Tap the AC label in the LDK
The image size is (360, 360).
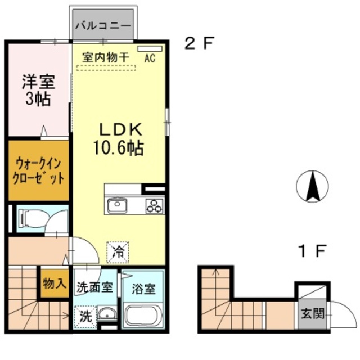[x=150, y=57]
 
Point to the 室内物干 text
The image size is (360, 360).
[x=106, y=57]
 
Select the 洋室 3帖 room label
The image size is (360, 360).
[x=38, y=91]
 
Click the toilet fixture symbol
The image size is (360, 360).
[x=31, y=217]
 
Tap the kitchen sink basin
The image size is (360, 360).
[x=118, y=205]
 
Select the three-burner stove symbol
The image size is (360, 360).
[x=153, y=206]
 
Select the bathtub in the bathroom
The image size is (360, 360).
[x=143, y=315]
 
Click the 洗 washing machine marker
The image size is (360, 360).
[x=84, y=316]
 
